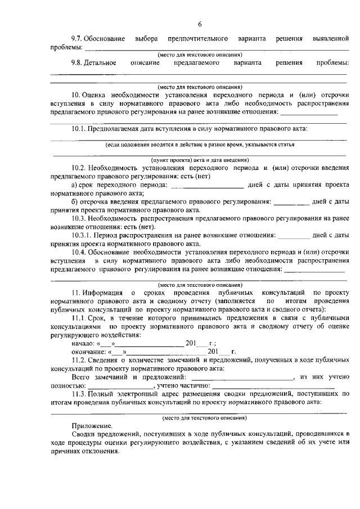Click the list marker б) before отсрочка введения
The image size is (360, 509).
click(x=75, y=201)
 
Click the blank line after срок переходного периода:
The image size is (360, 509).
click(x=207, y=186)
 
